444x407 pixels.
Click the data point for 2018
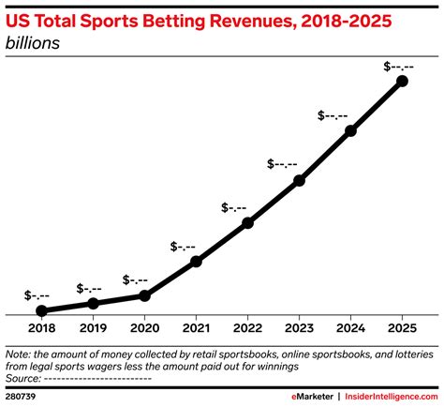click(41, 310)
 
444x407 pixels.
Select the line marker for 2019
click(93, 303)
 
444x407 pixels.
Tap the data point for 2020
click(144, 295)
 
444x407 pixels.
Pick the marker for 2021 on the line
click(196, 262)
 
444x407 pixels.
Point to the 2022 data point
click(247, 223)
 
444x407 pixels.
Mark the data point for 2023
click(299, 180)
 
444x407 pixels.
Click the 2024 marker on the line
click(351, 131)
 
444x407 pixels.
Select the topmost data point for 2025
click(403, 82)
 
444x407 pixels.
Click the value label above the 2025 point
click(401, 65)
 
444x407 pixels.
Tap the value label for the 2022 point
click(233, 207)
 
